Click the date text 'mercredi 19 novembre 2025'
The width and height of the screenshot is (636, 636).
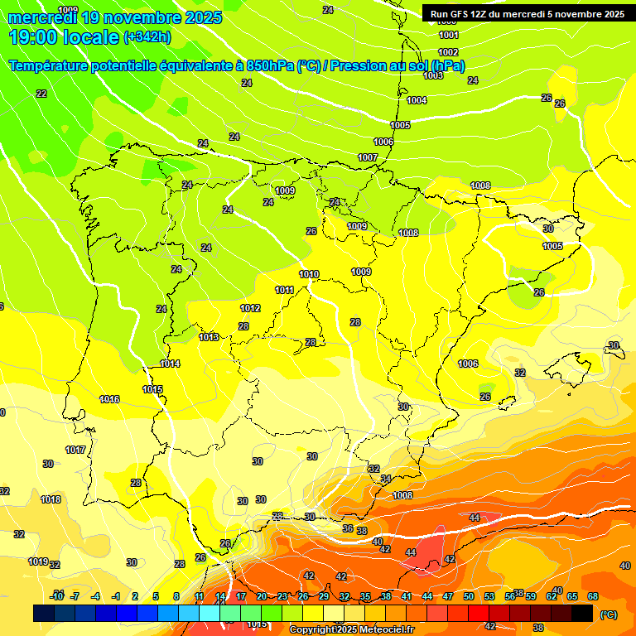(x=115, y=17)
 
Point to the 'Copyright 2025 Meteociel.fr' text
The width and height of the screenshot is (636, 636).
(x=350, y=630)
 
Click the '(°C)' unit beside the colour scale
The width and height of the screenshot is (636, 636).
(x=608, y=614)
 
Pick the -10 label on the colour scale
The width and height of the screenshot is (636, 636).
(x=57, y=596)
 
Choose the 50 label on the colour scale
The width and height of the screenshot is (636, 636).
(x=469, y=596)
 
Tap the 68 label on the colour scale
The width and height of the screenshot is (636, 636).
(x=593, y=596)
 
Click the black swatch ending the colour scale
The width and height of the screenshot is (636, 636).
(x=582, y=613)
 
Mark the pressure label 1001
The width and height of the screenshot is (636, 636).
(x=449, y=36)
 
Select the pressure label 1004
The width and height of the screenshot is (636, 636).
(x=417, y=100)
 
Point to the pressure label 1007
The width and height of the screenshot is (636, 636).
(x=368, y=157)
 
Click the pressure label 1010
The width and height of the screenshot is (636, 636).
(x=309, y=274)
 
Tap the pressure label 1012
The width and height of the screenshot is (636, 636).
(x=250, y=308)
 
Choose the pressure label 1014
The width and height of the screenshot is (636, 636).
(x=171, y=364)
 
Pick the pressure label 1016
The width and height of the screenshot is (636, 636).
(x=109, y=399)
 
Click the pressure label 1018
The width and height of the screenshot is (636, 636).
(x=51, y=499)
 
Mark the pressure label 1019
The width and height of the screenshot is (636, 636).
(x=38, y=561)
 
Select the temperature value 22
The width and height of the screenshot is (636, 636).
(x=41, y=94)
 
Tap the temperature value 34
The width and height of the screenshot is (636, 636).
(x=385, y=479)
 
